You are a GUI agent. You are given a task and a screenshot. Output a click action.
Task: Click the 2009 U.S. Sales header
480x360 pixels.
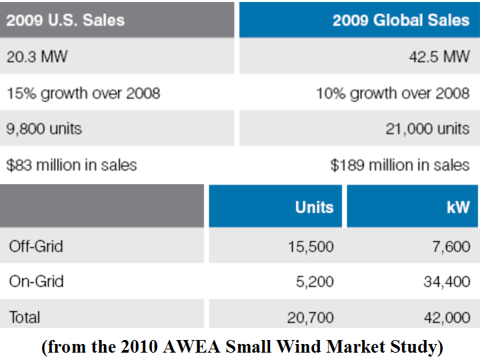coord(65,19)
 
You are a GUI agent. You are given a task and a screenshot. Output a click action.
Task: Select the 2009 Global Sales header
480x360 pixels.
coord(401,19)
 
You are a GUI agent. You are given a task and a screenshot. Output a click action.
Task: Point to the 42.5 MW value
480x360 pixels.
coord(439,56)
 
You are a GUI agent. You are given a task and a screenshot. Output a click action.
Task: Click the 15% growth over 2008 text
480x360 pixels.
coord(83,92)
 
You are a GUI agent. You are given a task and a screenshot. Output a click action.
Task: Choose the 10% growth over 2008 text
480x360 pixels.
coord(393,92)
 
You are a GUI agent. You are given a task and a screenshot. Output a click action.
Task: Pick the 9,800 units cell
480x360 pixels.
coord(44,128)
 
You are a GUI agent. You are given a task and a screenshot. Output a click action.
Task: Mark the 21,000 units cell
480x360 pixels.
coord(427,128)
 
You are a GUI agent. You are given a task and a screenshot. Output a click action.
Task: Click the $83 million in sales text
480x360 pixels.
coord(72,164)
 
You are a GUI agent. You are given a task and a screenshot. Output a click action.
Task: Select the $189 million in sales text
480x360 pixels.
coord(400,164)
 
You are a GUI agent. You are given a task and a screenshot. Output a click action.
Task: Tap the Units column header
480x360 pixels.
coord(314,207)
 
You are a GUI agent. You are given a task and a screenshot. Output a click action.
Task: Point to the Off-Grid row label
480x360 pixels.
coord(36,246)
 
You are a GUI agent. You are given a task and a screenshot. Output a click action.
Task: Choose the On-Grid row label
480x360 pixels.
coord(36,281)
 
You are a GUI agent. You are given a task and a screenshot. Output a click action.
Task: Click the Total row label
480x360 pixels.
coord(25,317)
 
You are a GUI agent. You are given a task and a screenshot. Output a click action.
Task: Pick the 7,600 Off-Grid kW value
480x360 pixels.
coord(451,247)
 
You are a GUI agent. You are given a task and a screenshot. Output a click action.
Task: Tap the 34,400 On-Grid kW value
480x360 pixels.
coord(447,282)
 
